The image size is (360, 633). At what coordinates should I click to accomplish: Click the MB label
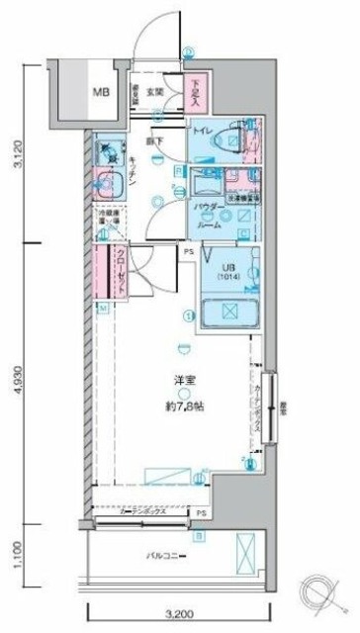101,93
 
